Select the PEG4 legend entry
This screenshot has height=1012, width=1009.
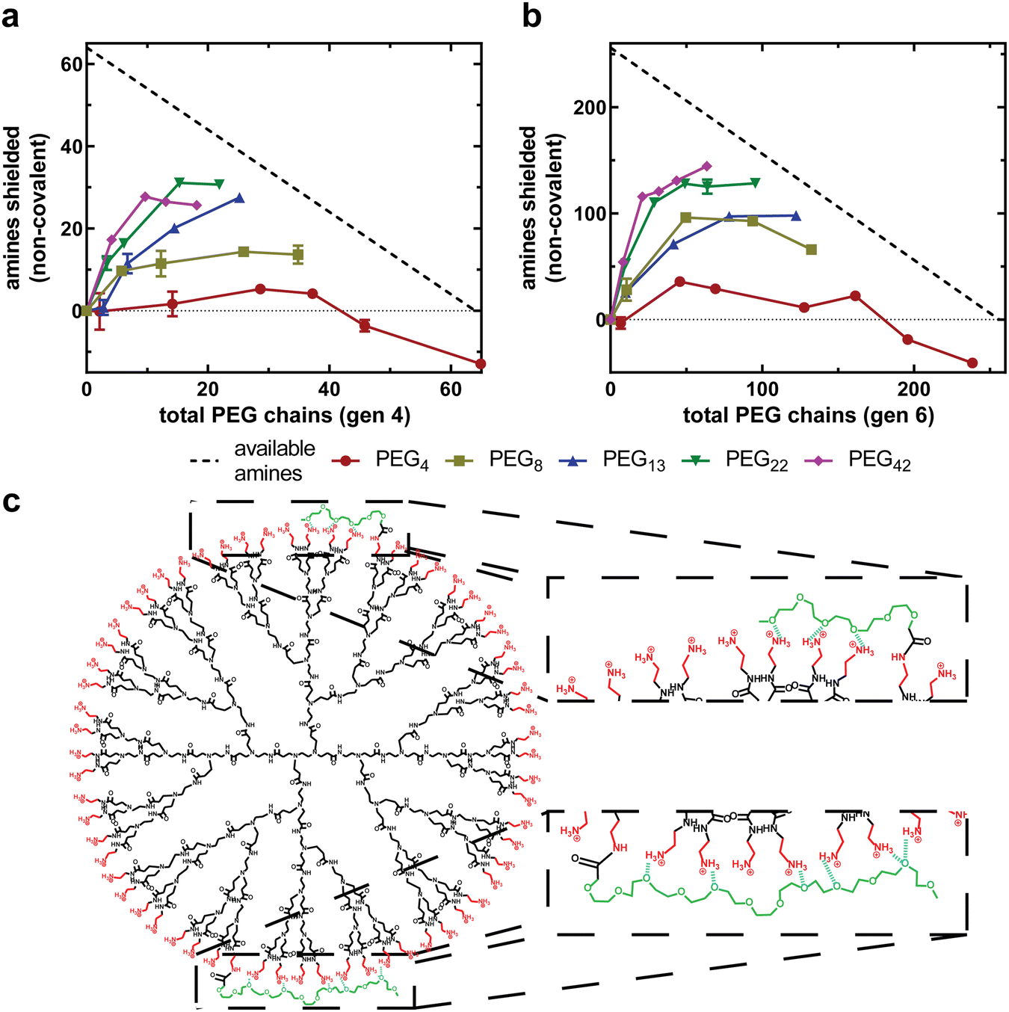tap(401, 460)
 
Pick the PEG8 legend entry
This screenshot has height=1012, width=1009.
tap(515, 460)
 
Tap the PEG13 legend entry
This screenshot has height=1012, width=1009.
tap(633, 460)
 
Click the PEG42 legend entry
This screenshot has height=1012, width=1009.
tap(879, 460)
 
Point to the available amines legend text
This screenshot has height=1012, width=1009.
tap(274, 460)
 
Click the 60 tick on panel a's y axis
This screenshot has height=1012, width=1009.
tap(72, 64)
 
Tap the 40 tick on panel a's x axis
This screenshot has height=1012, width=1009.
tap(329, 389)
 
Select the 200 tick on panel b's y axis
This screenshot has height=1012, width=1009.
tap(590, 108)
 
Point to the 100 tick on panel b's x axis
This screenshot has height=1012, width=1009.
tap(762, 389)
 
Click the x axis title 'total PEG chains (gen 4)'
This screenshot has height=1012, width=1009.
tap(285, 415)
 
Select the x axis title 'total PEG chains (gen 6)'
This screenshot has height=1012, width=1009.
tap(808, 415)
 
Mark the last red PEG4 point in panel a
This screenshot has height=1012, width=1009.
tap(481, 364)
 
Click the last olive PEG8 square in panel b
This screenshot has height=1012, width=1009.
tap(812, 250)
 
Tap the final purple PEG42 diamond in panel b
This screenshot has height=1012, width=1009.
tap(707, 167)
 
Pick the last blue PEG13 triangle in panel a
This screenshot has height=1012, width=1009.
tap(239, 198)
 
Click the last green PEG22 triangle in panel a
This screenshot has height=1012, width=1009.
tap(219, 184)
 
